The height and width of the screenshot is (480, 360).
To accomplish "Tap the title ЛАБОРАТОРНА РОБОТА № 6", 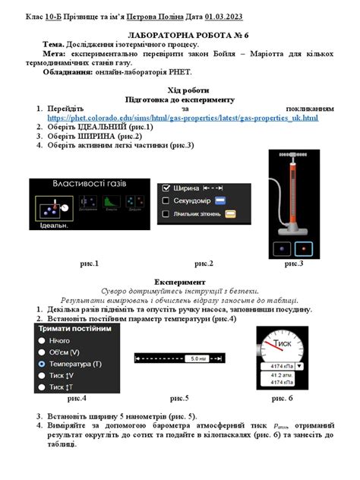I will [x=180, y=36].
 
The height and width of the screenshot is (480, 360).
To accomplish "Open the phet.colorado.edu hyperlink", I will [x=182, y=118].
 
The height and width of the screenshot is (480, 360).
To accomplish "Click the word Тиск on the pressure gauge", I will [x=283, y=343].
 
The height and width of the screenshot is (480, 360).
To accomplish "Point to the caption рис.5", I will [x=180, y=398].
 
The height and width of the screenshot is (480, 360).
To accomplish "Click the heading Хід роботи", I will [x=180, y=90].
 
